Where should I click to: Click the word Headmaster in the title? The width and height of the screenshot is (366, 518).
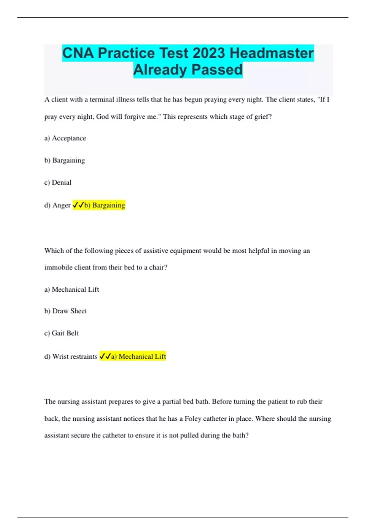click(271, 53)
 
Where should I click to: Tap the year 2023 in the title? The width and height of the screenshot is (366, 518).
click(209, 53)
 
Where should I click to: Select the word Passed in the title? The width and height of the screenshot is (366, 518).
click(217, 70)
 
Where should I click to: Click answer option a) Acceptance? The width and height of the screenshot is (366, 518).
click(65, 138)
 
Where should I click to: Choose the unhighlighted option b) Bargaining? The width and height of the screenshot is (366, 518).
click(65, 160)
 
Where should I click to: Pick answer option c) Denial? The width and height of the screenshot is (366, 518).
click(58, 183)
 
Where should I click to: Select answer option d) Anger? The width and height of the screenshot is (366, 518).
click(58, 205)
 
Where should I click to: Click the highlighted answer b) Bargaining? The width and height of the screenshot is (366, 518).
click(104, 205)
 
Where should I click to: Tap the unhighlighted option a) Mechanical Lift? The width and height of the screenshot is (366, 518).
click(72, 289)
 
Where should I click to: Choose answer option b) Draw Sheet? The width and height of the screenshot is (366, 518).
click(66, 311)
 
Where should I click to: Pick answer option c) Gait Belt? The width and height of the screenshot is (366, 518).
click(61, 333)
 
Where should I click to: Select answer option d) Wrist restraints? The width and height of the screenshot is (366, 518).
click(71, 357)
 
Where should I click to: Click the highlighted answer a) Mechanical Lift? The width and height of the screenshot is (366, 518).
click(138, 357)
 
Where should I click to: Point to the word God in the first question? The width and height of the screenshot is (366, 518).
click(102, 117)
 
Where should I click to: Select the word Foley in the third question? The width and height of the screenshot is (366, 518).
click(193, 419)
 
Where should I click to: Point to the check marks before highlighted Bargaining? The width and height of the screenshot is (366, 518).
click(78, 205)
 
